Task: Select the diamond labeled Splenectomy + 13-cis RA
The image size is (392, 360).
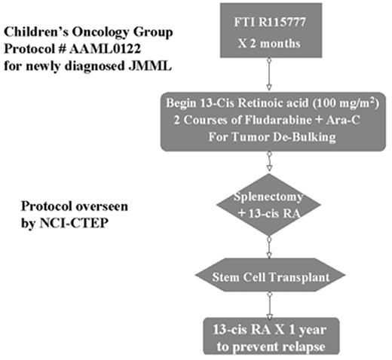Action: pos(269,204)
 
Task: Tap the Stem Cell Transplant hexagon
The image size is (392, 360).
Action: pos(268,279)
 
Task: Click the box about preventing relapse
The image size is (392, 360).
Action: pos(268,336)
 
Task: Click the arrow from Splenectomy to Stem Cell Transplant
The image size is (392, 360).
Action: pos(268,246)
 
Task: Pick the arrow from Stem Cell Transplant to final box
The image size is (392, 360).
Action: pos(268,304)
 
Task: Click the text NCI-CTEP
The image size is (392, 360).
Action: pos(54,223)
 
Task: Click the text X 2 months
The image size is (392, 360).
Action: pos(268,42)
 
